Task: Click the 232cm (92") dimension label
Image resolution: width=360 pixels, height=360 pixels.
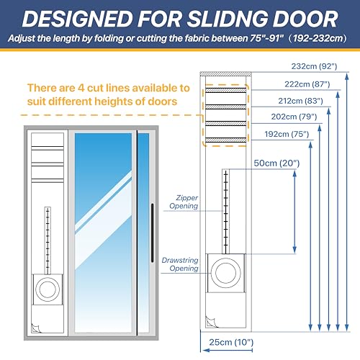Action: pyautogui.click(x=314, y=66)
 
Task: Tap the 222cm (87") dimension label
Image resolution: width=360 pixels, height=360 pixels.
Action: pyautogui.click(x=307, y=84)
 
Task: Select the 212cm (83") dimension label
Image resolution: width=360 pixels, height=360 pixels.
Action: pyautogui.click(x=300, y=101)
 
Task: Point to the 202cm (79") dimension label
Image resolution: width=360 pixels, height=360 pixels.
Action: pyautogui.click(x=294, y=117)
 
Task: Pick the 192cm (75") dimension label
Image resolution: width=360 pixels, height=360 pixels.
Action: pyautogui.click(x=287, y=134)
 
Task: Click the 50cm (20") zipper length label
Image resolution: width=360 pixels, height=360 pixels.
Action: pyautogui.click(x=276, y=163)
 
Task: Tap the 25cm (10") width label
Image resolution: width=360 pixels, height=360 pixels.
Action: pyautogui.click(x=231, y=342)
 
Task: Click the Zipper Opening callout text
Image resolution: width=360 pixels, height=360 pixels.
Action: pyautogui.click(x=184, y=202)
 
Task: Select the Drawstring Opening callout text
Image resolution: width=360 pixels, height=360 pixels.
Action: pyautogui.click(x=180, y=264)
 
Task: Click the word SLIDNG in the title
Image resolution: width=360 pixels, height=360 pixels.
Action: pyautogui.click(x=228, y=19)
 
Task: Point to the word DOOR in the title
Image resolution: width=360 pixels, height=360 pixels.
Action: pyautogui.click(x=305, y=19)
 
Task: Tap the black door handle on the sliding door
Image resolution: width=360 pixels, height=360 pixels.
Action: pyautogui.click(x=152, y=233)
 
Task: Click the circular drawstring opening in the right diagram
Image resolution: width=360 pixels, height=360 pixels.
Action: pyautogui.click(x=225, y=273)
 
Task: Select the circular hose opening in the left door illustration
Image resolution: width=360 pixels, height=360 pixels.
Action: pyautogui.click(x=48, y=289)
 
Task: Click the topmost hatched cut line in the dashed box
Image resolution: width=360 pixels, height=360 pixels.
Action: pyautogui.click(x=226, y=90)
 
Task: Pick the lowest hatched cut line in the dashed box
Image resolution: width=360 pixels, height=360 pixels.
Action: pyautogui.click(x=226, y=140)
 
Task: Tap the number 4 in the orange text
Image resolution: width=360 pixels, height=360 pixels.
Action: pyautogui.click(x=81, y=88)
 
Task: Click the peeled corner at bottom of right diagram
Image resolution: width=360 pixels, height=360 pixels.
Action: pyautogui.click(x=210, y=322)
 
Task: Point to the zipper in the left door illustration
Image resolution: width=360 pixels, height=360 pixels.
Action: pyautogui.click(x=48, y=240)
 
